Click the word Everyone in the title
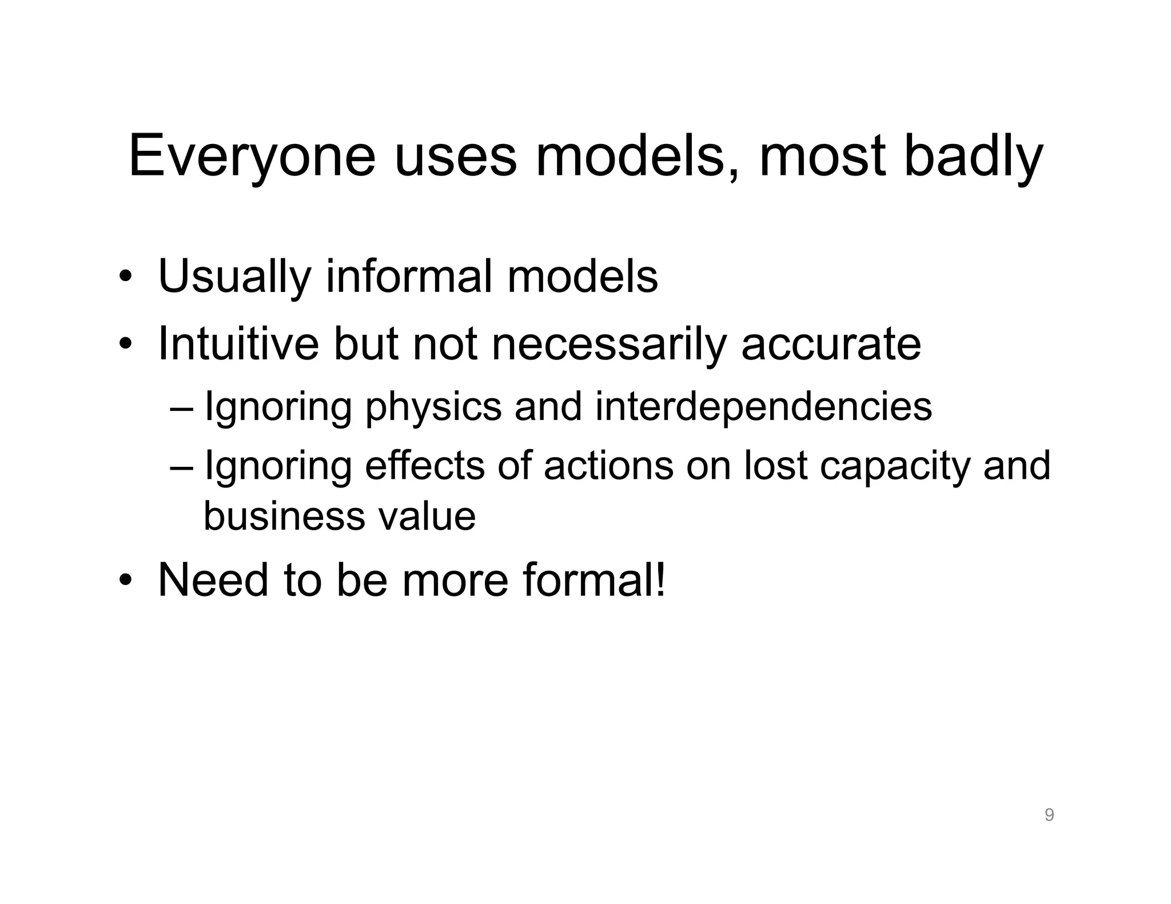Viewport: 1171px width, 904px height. click(252, 156)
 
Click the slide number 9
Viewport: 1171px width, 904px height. click(1049, 815)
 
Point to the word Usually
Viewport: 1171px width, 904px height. click(234, 278)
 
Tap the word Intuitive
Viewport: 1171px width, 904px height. click(238, 344)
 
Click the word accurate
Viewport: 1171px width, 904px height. click(831, 345)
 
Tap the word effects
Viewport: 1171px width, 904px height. click(424, 466)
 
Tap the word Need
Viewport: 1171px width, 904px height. click(213, 581)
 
